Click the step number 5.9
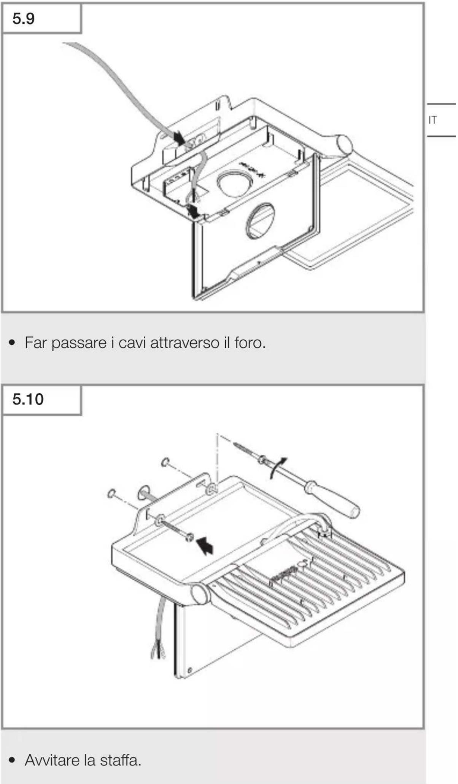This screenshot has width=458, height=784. click(24, 18)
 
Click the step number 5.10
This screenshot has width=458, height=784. click(28, 399)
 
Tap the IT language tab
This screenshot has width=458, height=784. click(433, 120)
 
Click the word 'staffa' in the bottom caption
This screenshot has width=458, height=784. click(118, 760)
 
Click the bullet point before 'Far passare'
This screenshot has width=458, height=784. click(13, 343)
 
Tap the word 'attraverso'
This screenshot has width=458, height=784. click(185, 343)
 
